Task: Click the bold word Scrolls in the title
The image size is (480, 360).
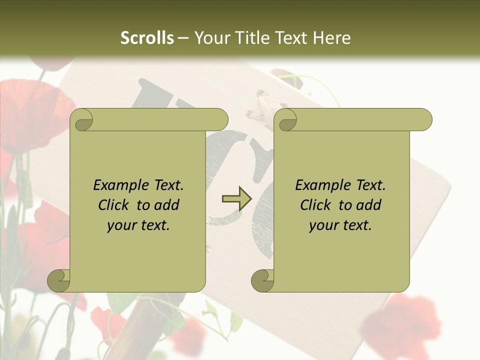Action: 147,38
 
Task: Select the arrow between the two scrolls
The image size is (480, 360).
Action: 236,199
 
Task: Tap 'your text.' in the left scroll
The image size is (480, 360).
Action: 138,225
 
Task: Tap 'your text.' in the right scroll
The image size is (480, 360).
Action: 340,225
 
